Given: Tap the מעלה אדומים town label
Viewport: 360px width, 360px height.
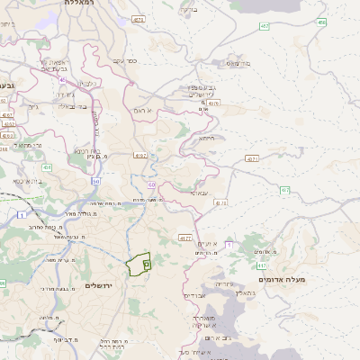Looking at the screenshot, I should (x=283, y=280).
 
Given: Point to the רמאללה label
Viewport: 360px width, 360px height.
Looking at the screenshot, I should (x=85, y=4).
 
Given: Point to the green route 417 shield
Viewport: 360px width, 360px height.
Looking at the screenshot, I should (x=262, y=265).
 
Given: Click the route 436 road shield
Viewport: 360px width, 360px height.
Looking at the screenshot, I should (x=46, y=167).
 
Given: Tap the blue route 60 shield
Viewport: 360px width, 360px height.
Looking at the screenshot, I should (x=152, y=184).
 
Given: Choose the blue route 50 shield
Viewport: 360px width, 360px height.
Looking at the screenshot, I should (x=96, y=181).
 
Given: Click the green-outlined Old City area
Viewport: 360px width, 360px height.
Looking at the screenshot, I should (x=138, y=265).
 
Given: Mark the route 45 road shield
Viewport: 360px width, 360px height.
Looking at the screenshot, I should (x=62, y=79).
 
